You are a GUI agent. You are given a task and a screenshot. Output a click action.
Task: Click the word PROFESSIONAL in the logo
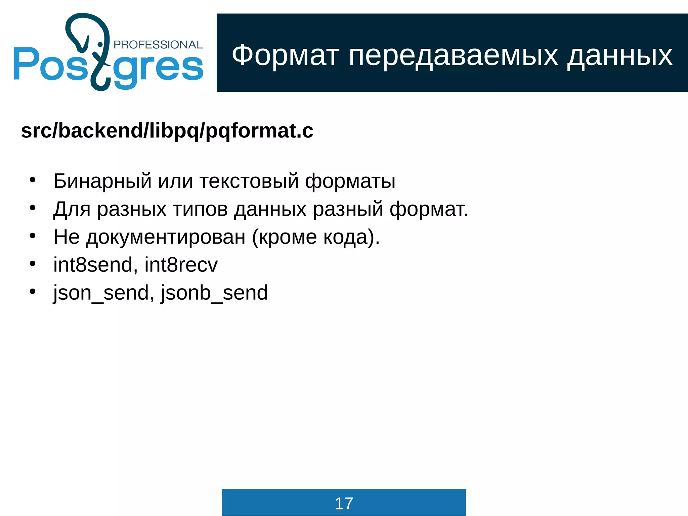tap(158, 45)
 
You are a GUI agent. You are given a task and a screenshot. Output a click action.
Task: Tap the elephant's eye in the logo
tap(100, 44)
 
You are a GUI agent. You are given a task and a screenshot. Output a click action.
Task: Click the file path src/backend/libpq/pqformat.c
tap(167, 131)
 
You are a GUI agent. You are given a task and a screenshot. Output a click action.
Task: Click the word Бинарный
tap(102, 181)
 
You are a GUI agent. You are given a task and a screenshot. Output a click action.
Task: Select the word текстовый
tap(249, 181)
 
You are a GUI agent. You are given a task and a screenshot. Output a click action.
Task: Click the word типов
tap(200, 209)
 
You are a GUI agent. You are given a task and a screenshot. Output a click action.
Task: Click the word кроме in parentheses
tap(288, 237)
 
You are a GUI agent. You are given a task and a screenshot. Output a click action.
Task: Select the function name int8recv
tap(181, 265)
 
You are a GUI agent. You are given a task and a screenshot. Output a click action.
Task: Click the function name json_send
tap(101, 293)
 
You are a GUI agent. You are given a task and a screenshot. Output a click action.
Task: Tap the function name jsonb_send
tap(214, 293)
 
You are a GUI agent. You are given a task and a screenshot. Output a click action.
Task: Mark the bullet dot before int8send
tap(32, 264)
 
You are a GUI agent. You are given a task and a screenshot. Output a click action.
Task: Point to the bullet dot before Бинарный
tap(32, 180)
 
